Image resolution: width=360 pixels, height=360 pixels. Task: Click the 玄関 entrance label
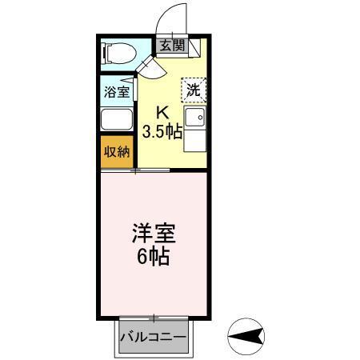(170, 46)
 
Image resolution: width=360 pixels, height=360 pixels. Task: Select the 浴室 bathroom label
(116, 91)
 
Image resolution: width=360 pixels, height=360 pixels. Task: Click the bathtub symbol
(117, 119)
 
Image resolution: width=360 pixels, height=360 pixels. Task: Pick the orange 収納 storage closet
(116, 152)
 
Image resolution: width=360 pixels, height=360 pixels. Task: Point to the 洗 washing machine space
(193, 90)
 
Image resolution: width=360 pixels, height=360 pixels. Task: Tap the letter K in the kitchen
(162, 113)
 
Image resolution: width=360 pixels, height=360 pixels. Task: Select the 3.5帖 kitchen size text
(162, 131)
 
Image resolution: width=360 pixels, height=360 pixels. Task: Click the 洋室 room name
(154, 235)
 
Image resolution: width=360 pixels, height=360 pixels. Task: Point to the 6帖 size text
(154, 258)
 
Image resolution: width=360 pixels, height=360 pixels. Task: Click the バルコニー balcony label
(153, 337)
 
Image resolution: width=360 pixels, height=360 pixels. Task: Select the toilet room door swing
(152, 67)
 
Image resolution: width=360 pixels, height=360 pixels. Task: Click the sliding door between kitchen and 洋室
(151, 170)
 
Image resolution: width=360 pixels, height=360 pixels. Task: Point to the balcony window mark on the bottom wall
(153, 318)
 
